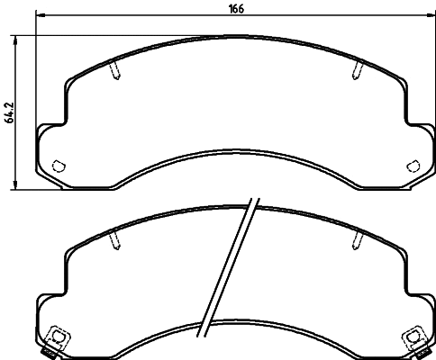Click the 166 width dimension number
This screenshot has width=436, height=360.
[x=237, y=9]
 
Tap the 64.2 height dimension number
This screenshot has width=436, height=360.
[x=9, y=112]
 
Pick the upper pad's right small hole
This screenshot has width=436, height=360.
[x=413, y=165]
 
